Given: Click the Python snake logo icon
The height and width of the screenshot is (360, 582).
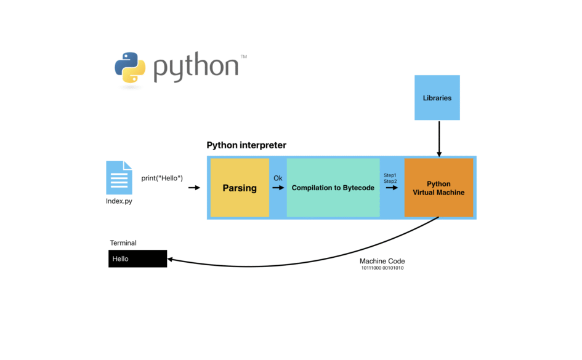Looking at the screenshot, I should (130, 67).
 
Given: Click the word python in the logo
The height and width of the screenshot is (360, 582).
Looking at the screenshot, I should (196, 68).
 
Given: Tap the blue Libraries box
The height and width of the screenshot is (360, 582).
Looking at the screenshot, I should (437, 98).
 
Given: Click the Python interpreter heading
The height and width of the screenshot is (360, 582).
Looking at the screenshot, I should (246, 146).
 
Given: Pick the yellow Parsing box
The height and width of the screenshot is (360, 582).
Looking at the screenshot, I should (240, 188).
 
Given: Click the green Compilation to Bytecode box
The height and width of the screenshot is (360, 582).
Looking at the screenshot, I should (333, 188).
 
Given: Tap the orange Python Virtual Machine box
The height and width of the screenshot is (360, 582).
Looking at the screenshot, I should (439, 188).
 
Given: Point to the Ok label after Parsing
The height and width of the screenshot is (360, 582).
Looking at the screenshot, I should (278, 178).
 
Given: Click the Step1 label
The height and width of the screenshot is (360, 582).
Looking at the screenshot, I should (390, 175).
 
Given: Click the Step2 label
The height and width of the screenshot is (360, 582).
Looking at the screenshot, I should (390, 182).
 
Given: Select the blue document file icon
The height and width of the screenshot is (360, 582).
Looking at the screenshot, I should (119, 178).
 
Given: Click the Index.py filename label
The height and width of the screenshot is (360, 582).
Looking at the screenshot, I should (119, 201).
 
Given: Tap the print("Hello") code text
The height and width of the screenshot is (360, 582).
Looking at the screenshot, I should (163, 178).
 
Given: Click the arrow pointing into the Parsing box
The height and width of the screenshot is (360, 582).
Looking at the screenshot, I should (194, 188).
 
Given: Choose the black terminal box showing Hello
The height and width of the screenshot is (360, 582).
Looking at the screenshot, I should (137, 258).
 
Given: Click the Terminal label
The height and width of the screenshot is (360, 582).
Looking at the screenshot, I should (123, 243).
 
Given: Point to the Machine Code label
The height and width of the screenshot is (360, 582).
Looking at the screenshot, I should (382, 261).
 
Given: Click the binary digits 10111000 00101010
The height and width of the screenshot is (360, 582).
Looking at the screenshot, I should (382, 268).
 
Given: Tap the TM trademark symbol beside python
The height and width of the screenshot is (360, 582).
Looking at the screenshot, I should (244, 57).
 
